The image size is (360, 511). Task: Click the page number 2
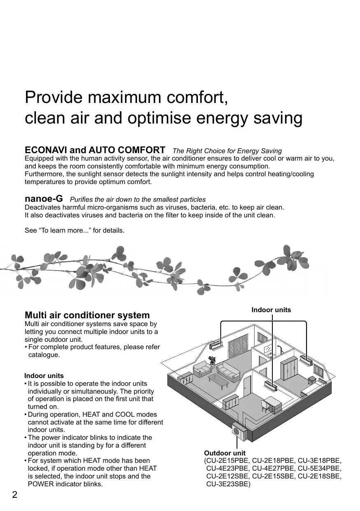[14, 495]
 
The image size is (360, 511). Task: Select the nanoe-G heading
[44, 199]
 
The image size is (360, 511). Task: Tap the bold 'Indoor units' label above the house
[271, 310]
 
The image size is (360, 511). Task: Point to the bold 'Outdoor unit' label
[225, 453]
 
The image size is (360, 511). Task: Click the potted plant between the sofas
[212, 361]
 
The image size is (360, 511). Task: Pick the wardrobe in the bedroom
[288, 368]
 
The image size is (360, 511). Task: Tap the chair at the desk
[265, 406]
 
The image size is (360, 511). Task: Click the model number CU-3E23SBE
[228, 484]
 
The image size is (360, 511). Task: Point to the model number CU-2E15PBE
[228, 461]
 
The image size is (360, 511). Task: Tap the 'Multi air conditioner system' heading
[87, 315]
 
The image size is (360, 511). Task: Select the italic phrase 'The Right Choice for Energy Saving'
[227, 151]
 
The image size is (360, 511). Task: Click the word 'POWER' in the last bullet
[39, 484]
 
